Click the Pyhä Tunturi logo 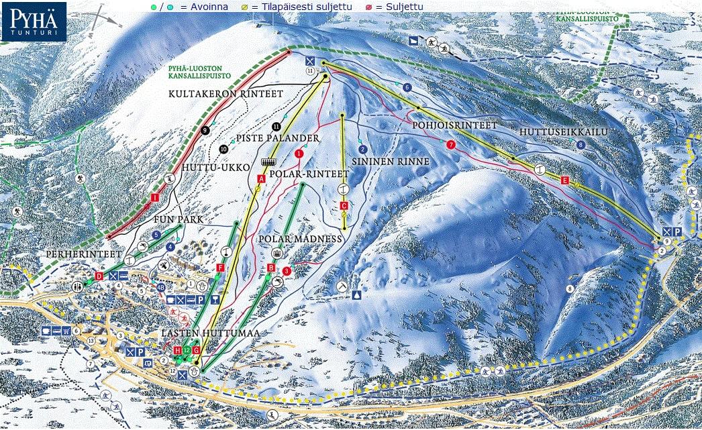(x=34, y=21)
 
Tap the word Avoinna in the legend (x=209, y=7)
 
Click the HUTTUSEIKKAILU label (x=563, y=132)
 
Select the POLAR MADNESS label (x=300, y=239)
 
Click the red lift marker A (x=261, y=178)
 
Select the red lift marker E (x=564, y=180)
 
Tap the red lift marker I (x=155, y=197)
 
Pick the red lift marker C (x=344, y=205)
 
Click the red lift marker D (x=99, y=276)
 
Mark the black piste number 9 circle (x=205, y=130)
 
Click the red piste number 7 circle (x=451, y=144)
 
